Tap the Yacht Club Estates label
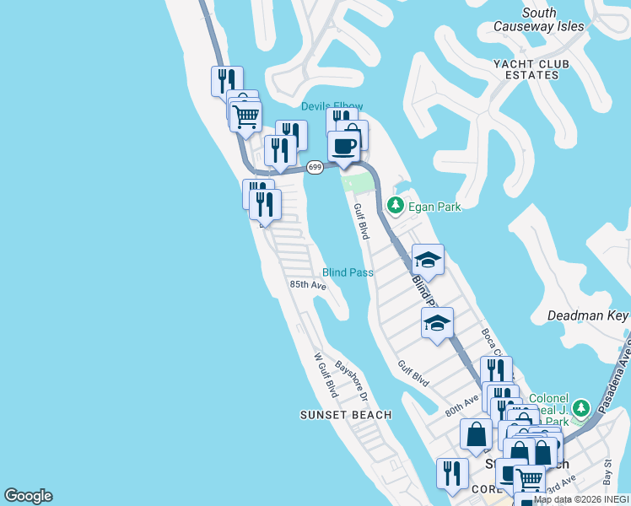click(531, 69)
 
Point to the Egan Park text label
click(435, 207)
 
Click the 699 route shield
click(315, 167)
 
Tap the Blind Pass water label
click(348, 272)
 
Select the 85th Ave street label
click(308, 285)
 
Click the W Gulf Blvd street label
click(326, 375)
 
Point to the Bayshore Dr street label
click(353, 380)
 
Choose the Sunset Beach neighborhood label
click(346, 415)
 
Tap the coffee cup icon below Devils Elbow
click(343, 146)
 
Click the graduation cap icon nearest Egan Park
click(428, 259)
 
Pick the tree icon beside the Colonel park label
click(580, 408)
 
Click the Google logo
click(28, 496)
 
